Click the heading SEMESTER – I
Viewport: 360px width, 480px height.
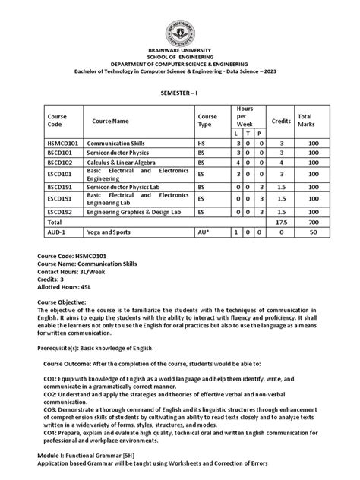click(x=181, y=89)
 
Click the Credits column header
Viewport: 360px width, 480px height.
click(x=281, y=120)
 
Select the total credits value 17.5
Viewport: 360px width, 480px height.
click(x=281, y=221)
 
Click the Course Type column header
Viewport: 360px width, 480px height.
click(x=207, y=120)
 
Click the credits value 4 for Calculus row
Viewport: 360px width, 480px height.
click(x=281, y=162)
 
